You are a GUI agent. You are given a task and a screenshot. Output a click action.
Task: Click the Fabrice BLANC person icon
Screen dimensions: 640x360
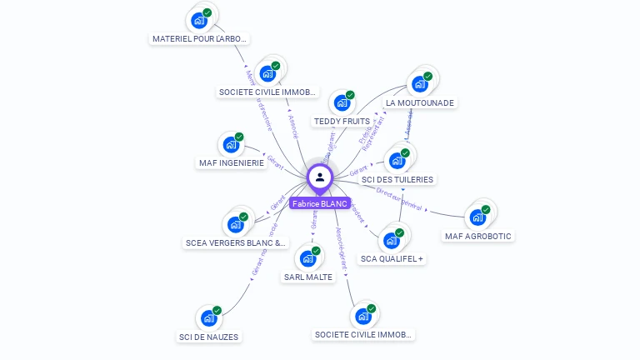pyautogui.click(x=320, y=177)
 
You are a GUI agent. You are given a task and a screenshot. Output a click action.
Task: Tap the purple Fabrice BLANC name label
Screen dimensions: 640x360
pyautogui.click(x=320, y=203)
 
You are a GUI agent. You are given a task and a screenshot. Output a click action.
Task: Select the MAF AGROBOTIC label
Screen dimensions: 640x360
pyautogui.click(x=478, y=236)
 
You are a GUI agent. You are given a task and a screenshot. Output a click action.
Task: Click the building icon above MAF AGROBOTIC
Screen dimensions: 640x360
pyautogui.click(x=477, y=217)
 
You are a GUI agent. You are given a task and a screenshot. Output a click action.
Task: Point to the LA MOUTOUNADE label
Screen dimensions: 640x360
pyautogui.click(x=420, y=102)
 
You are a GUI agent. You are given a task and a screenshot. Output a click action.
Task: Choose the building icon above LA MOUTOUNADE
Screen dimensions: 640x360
pyautogui.click(x=419, y=83)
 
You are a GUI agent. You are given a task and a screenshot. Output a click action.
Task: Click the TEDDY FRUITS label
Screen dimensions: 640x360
pyautogui.click(x=342, y=121)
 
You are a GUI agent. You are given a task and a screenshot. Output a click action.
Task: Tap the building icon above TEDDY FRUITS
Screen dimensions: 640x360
pyautogui.click(x=342, y=102)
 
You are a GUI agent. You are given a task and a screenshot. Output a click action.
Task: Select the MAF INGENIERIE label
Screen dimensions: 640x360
pyautogui.click(x=232, y=162)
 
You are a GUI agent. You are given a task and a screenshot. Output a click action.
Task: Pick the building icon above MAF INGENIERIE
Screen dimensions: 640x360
pyautogui.click(x=231, y=144)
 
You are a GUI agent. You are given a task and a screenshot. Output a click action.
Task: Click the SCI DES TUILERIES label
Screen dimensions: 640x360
pyautogui.click(x=397, y=179)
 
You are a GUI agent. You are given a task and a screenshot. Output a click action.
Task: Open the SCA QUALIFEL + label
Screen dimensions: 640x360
pyautogui.click(x=392, y=259)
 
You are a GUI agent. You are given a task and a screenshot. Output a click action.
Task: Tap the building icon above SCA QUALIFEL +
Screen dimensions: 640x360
pyautogui.click(x=391, y=241)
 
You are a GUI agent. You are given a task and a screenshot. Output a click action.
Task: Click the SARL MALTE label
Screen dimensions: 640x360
pyautogui.click(x=307, y=277)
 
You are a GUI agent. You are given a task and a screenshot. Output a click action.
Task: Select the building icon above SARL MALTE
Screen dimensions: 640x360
pyautogui.click(x=307, y=258)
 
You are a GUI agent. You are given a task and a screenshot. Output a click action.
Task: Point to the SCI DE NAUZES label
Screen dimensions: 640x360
pyautogui.click(x=208, y=337)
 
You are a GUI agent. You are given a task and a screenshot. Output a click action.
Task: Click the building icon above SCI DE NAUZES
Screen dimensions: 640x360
pyautogui.click(x=208, y=318)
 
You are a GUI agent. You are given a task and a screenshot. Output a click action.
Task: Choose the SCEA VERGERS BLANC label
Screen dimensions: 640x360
pyautogui.click(x=236, y=243)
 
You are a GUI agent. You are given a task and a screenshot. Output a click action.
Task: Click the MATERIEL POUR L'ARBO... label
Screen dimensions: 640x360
pyautogui.click(x=200, y=38)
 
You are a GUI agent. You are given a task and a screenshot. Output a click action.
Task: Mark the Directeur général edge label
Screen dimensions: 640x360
pyautogui.click(x=399, y=198)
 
